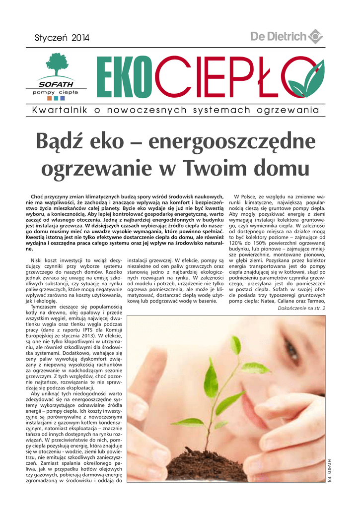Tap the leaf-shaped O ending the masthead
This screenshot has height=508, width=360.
coord(304,79)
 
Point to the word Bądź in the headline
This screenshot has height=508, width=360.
coord(63,142)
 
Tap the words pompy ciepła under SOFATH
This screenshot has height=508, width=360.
coord(55,92)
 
